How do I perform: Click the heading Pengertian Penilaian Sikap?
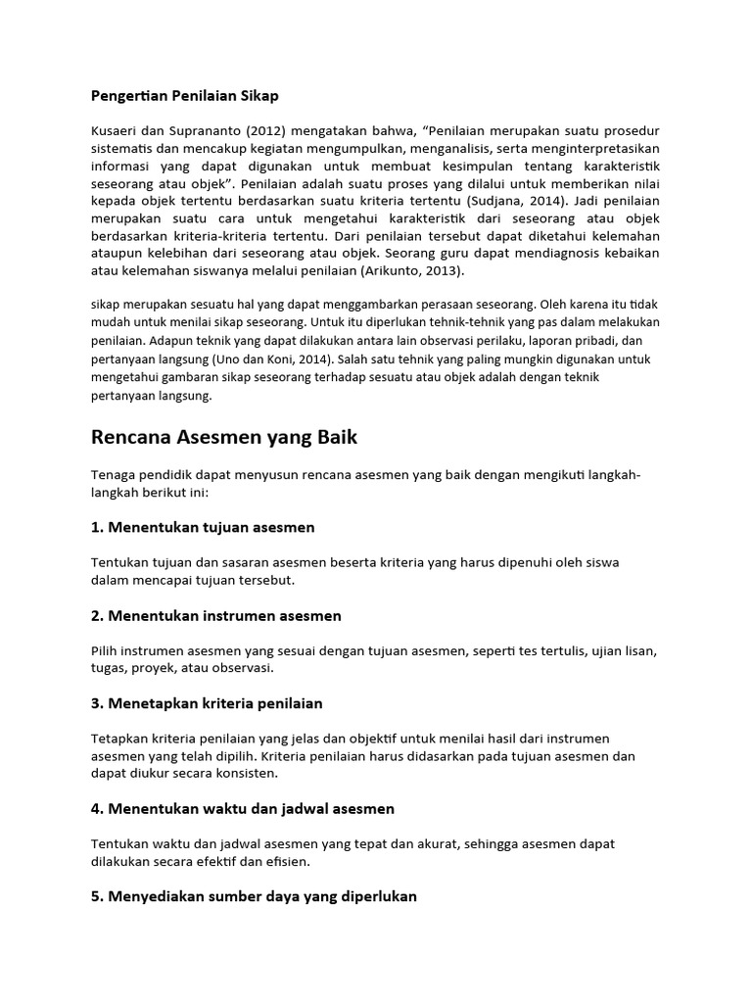tap(185, 96)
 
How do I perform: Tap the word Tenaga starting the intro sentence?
tap(117, 475)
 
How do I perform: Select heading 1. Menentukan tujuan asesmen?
tap(203, 527)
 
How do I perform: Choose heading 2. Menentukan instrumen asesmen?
tap(216, 615)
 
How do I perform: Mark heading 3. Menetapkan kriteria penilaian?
tap(207, 703)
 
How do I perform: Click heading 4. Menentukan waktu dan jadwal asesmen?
tap(243, 808)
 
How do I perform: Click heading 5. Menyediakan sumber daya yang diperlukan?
tap(254, 896)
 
